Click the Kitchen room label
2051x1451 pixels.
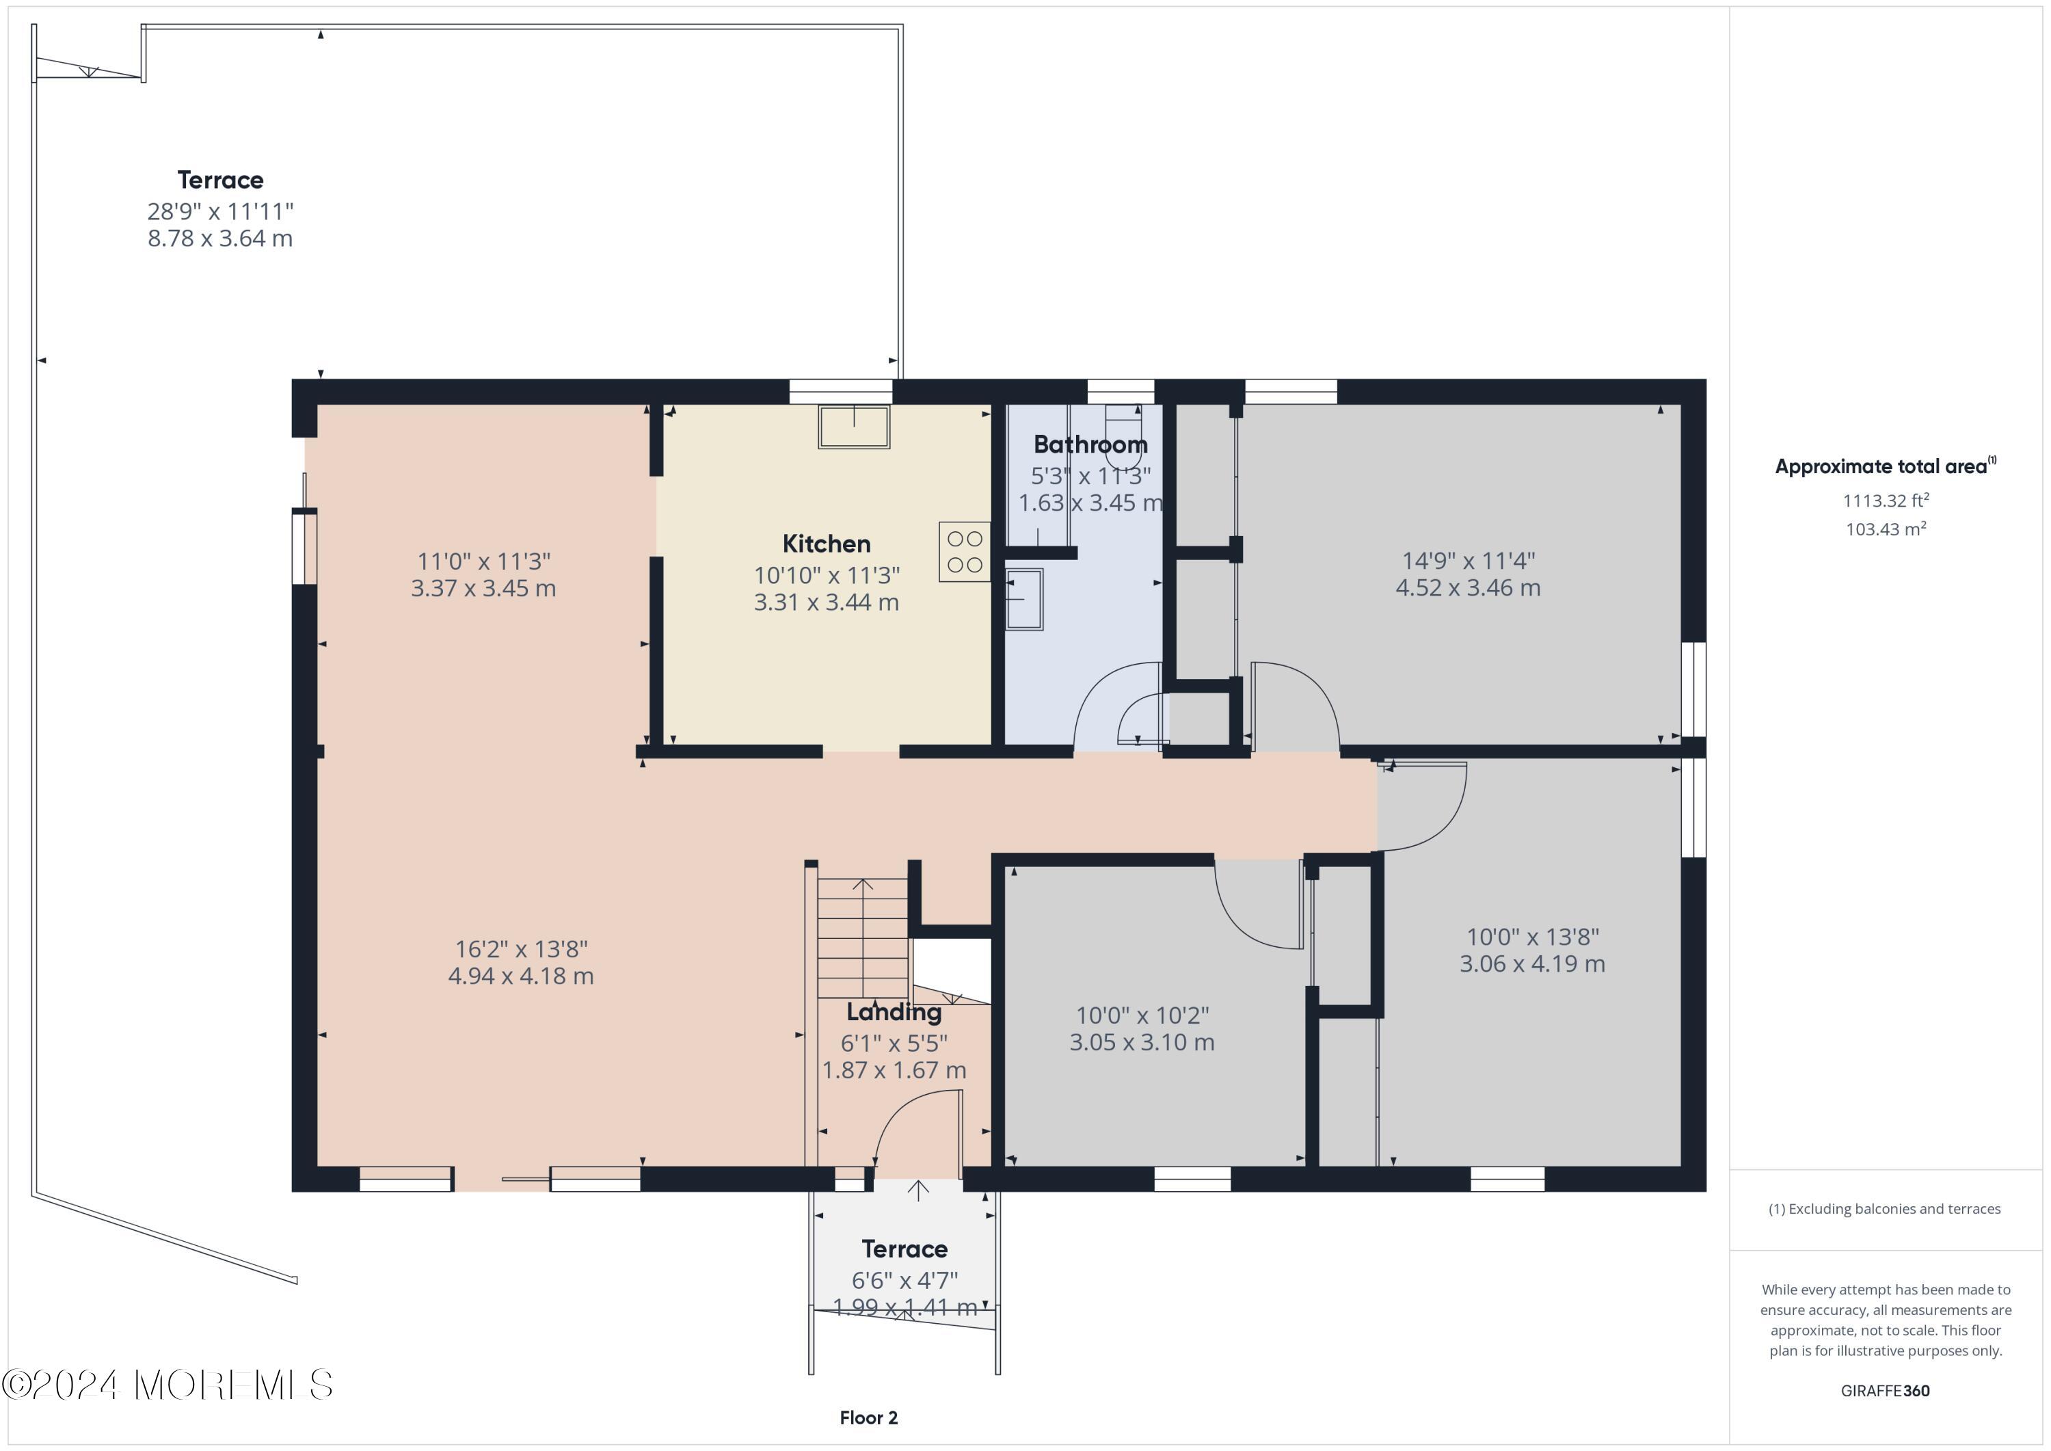(x=827, y=544)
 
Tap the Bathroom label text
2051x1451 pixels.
(x=1090, y=444)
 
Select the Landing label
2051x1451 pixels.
(x=894, y=1012)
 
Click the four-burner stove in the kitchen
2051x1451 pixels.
(x=965, y=553)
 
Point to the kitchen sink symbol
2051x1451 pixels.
(x=854, y=427)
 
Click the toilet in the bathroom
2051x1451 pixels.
(x=1123, y=432)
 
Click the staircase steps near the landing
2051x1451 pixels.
(x=863, y=937)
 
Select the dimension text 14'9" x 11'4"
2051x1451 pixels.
(x=1468, y=561)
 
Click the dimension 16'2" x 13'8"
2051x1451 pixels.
(x=521, y=949)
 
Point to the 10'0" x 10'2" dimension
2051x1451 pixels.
(x=1142, y=1016)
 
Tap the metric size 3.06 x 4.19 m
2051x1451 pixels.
(x=1532, y=964)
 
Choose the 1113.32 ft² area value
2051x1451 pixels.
(x=1886, y=501)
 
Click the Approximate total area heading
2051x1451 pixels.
(x=1886, y=466)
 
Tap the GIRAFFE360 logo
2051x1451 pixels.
(x=1885, y=1391)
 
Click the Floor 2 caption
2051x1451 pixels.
(x=868, y=1418)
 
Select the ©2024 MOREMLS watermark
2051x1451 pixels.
(x=167, y=1385)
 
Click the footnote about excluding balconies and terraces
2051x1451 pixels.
(x=1884, y=1209)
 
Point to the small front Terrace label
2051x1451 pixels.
(x=904, y=1249)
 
